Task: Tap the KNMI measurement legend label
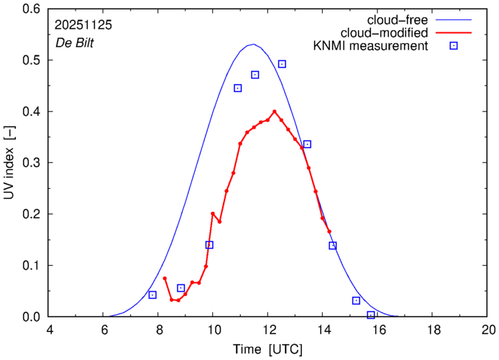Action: (x=374, y=46)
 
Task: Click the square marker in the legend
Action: (x=454, y=46)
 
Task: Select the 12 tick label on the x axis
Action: (x=268, y=330)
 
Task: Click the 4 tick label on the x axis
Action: (x=49, y=330)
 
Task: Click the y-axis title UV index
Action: (x=11, y=170)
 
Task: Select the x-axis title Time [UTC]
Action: (x=268, y=349)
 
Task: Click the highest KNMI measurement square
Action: (x=282, y=64)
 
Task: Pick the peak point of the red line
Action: (x=275, y=111)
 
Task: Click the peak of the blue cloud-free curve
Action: (x=252, y=45)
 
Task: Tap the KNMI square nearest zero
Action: (x=371, y=315)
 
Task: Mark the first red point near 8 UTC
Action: (x=165, y=278)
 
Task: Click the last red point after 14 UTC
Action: (x=329, y=231)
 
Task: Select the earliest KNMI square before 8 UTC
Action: (x=152, y=295)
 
